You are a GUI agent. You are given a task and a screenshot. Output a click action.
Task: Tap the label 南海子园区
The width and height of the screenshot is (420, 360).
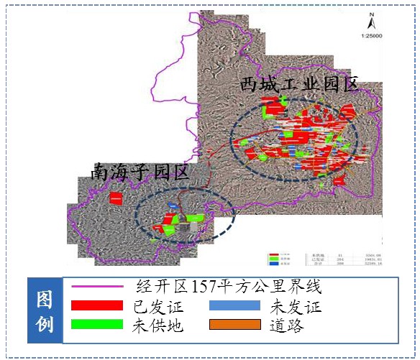click(140, 172)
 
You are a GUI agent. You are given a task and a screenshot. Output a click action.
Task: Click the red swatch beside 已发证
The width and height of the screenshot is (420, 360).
click(97, 306)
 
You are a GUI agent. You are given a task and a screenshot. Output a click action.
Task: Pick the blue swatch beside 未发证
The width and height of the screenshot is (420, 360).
click(237, 306)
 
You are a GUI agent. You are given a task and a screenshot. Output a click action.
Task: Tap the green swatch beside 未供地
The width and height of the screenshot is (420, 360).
click(97, 325)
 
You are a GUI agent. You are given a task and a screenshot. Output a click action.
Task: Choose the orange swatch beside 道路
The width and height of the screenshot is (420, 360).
click(237, 325)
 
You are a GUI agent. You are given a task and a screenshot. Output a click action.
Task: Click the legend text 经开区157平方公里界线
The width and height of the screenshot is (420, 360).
click(228, 287)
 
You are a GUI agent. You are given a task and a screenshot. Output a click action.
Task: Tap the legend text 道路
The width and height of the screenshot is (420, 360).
click(284, 326)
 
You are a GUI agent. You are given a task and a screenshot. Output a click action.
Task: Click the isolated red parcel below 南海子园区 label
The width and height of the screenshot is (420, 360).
click(115, 198)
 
